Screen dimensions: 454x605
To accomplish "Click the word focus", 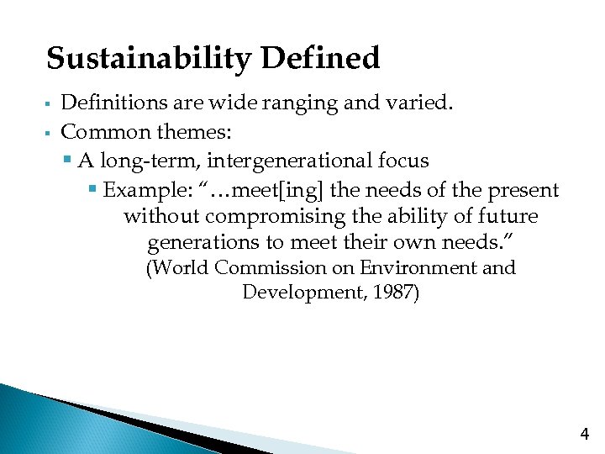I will click(x=403, y=161).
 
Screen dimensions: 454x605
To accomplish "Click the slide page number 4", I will click(x=585, y=435).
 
